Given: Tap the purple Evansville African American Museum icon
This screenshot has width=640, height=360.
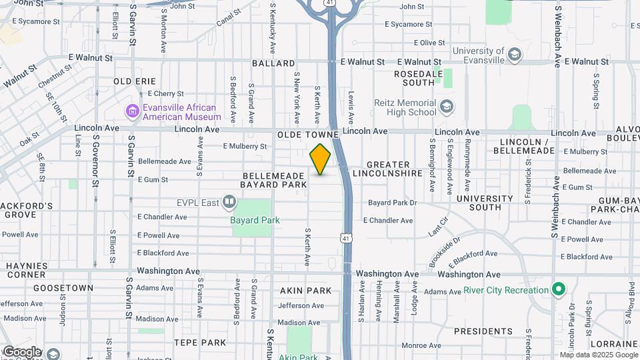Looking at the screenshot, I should coord(132,111).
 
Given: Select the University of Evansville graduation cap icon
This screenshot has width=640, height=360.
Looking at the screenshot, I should coord(515,54).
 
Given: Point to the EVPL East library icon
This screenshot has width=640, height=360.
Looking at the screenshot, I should coord(229,201).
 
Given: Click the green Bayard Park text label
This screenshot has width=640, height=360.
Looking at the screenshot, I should coord(255,220).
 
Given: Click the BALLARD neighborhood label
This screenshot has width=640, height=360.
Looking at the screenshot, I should coord(273,63).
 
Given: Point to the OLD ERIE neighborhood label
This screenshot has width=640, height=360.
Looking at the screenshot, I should coord(135,81).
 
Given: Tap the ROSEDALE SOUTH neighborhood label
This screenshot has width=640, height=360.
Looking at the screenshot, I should coord(414,78).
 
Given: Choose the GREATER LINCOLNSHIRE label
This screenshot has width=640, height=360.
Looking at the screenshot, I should coord(395,169).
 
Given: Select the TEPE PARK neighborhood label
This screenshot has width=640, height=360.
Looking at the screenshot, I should coord(201,342).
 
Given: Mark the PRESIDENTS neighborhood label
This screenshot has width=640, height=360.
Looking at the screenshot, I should coord(483,331).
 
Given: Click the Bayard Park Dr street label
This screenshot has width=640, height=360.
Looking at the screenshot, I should coord(392,202).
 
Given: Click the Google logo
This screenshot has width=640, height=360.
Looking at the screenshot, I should coord(21,351).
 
